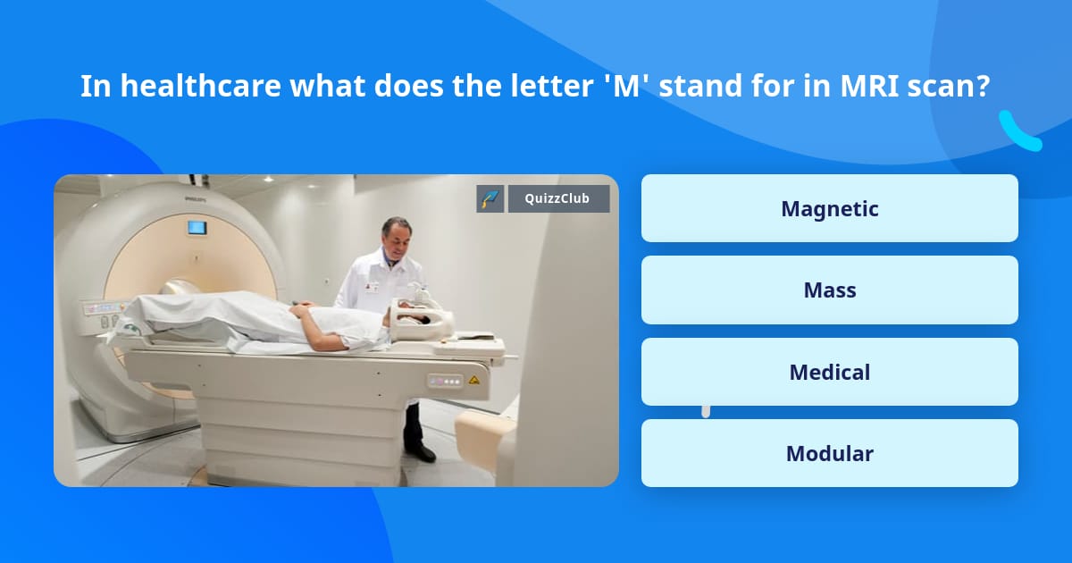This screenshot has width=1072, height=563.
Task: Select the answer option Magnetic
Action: coord(829,208)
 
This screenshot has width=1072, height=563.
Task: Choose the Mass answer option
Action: coord(829,290)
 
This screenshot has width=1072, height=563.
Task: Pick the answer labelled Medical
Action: coord(829,372)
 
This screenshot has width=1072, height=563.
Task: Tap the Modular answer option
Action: coord(829,453)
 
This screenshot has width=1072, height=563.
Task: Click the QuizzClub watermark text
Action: coord(558,198)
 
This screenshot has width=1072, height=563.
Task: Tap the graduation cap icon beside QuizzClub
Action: coord(490,198)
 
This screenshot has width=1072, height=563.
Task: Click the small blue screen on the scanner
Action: coord(196,227)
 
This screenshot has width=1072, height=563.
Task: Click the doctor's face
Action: coord(394,238)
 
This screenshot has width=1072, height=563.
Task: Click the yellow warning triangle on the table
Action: coord(473,380)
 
